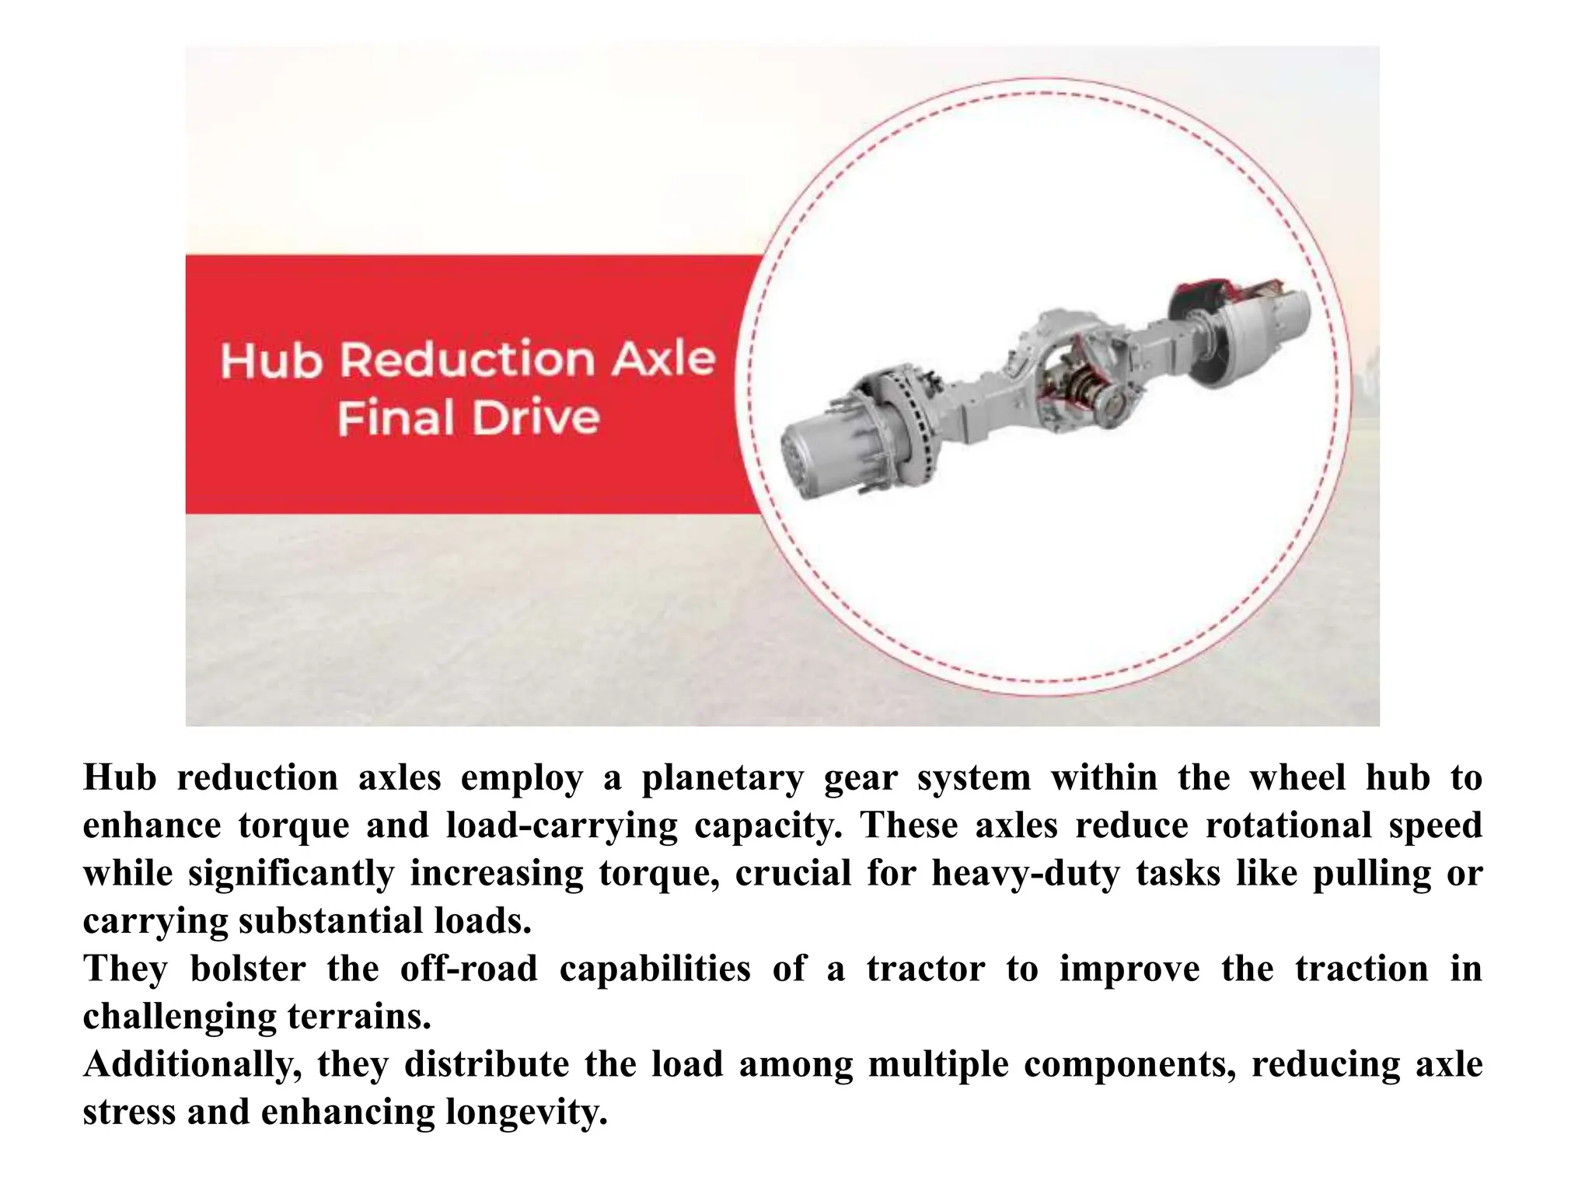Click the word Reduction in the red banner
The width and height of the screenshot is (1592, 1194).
click(468, 360)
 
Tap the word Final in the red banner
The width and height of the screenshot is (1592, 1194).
click(396, 418)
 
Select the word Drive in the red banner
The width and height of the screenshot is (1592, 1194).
click(536, 418)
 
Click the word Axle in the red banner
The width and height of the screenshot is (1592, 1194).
click(662, 359)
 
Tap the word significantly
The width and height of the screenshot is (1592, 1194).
click(292, 874)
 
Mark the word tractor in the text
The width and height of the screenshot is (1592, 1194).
click(925, 969)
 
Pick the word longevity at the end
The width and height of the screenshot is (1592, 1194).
click(525, 1112)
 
